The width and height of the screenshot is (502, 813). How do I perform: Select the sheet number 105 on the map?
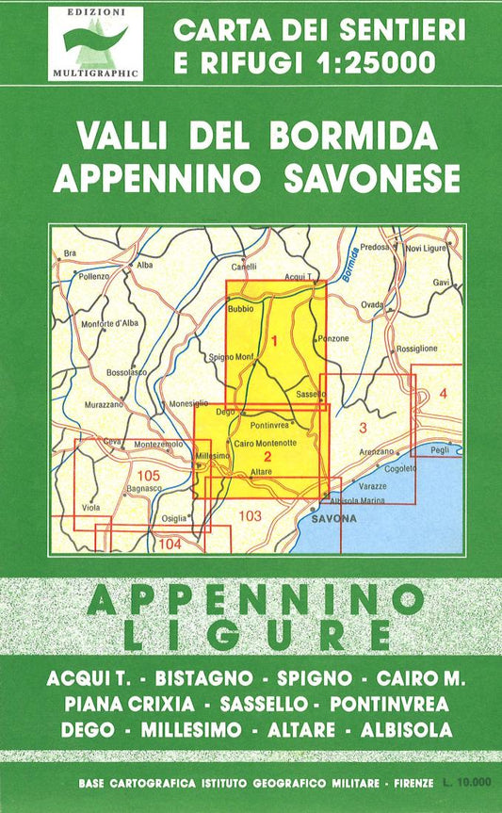(x=148, y=474)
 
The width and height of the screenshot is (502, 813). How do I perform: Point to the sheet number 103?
(x=251, y=515)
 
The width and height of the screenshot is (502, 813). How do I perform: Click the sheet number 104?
(x=170, y=544)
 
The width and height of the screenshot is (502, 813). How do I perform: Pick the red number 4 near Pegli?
(x=443, y=393)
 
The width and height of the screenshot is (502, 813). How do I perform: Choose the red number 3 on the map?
(x=362, y=429)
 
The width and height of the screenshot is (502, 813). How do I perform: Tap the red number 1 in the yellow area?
(x=274, y=341)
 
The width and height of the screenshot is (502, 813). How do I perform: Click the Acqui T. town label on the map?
(x=297, y=277)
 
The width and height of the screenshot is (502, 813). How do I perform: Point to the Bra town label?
(x=69, y=254)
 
